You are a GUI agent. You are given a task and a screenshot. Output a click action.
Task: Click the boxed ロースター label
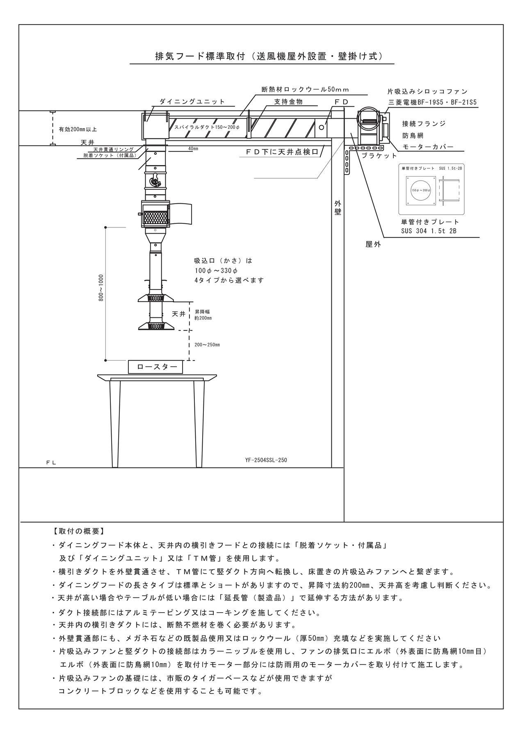(x=155, y=367)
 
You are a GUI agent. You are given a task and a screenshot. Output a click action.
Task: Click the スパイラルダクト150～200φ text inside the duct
(x=207, y=127)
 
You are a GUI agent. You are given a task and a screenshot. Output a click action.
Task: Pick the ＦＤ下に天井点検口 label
(x=282, y=152)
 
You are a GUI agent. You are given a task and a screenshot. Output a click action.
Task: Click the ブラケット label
(x=379, y=156)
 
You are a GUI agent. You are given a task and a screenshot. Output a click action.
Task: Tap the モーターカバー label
(x=427, y=147)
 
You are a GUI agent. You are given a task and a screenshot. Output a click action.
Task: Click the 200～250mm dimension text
(x=207, y=345)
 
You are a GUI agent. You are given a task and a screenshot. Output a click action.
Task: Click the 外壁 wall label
(x=338, y=208)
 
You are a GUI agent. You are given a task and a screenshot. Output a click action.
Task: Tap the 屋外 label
(x=373, y=245)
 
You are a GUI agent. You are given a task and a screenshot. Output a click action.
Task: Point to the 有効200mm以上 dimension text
(x=78, y=129)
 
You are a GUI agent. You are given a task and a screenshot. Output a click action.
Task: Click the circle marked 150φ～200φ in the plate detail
(x=421, y=191)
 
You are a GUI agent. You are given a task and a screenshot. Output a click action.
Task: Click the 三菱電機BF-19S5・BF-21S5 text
(x=433, y=103)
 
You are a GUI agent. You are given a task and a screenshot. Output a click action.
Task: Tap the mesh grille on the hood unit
(x=155, y=214)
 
